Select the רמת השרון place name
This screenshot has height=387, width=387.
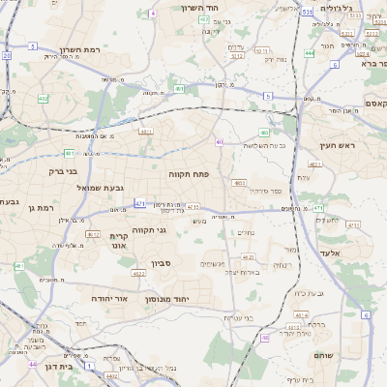[x=80, y=48]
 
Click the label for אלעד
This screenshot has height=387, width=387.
[x=356, y=253]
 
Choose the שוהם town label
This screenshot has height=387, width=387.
[x=322, y=355]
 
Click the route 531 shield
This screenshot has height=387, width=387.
[x=307, y=13]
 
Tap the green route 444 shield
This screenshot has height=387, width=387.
[x=309, y=53]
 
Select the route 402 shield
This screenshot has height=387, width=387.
[x=43, y=99]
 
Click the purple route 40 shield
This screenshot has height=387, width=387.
[x=220, y=142]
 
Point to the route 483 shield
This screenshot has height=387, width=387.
[x=264, y=133]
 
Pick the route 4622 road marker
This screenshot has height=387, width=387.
[x=138, y=274]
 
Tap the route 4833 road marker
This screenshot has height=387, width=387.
[x=239, y=182]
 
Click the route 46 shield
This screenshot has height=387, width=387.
[x=264, y=338]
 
